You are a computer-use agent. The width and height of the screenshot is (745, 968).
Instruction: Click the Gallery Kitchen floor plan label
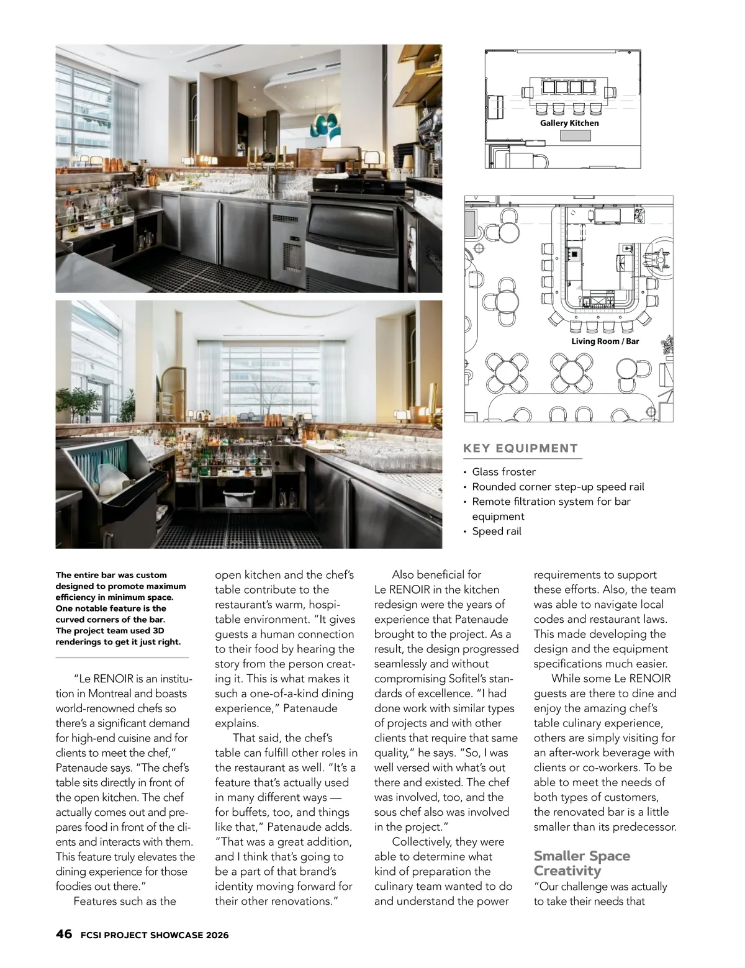tap(569, 123)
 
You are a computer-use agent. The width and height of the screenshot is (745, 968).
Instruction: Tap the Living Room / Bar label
tap(605, 341)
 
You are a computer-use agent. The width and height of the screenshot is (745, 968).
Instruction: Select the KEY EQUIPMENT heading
tap(520, 448)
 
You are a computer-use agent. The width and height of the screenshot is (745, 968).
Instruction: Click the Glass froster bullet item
tap(503, 472)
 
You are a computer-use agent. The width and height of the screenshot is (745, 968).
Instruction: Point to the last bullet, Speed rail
tap(496, 531)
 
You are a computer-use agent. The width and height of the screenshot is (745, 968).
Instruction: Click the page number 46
tap(63, 934)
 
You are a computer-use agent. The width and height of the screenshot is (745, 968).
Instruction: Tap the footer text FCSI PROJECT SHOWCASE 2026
tap(155, 935)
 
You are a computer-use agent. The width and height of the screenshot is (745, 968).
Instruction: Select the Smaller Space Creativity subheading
tap(582, 863)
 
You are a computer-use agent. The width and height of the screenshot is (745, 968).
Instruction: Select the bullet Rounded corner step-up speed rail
tap(558, 487)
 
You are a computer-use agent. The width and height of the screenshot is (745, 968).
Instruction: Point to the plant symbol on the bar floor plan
tap(667, 345)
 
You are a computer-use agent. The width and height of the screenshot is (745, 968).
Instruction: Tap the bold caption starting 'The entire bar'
tap(121, 608)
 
